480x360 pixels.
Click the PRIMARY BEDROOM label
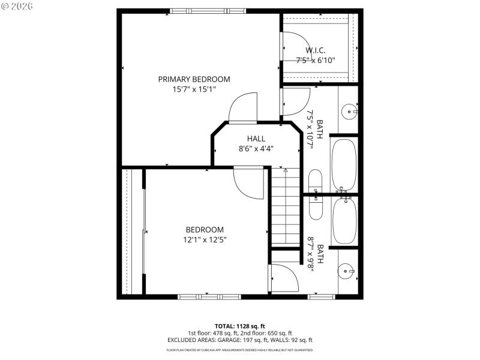(x=194, y=79)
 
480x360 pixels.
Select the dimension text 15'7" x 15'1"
(x=194, y=89)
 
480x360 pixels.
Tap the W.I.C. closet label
(x=315, y=50)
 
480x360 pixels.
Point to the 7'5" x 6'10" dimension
(x=315, y=60)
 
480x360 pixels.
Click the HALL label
(x=256, y=139)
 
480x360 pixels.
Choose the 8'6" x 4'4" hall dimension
(x=256, y=149)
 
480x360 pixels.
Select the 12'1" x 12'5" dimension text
(x=205, y=239)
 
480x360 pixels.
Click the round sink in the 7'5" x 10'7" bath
(x=349, y=110)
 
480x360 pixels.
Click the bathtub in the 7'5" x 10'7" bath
(x=344, y=163)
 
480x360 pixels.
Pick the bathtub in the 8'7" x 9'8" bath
(x=344, y=220)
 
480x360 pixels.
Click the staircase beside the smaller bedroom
(x=286, y=207)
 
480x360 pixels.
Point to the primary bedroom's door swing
(x=242, y=108)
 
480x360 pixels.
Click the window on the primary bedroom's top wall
(x=208, y=11)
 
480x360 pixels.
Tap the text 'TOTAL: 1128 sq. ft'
(x=239, y=326)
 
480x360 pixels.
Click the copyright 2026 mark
(x=17, y=6)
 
